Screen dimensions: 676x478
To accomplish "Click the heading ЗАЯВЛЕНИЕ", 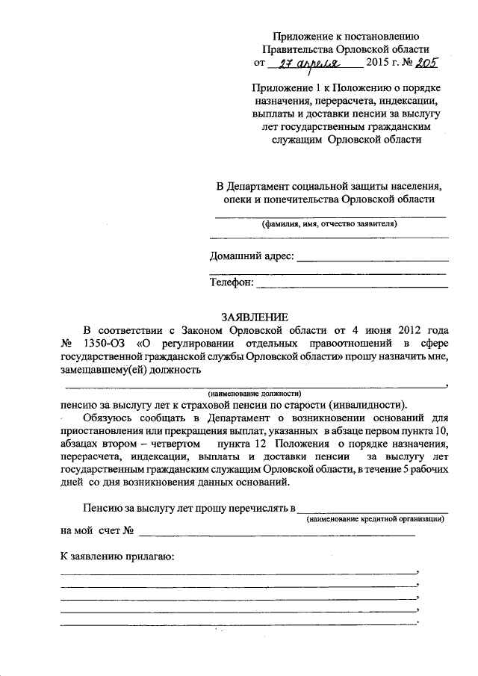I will pos(255,317).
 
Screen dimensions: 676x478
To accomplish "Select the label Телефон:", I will pos(232,282).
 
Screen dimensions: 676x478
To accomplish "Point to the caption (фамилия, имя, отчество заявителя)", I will pos(329,224).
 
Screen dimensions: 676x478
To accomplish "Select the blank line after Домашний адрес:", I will pos(373,260).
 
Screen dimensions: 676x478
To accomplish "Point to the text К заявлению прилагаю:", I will pos(117,556).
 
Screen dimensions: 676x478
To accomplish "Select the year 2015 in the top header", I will pos(378,63).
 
